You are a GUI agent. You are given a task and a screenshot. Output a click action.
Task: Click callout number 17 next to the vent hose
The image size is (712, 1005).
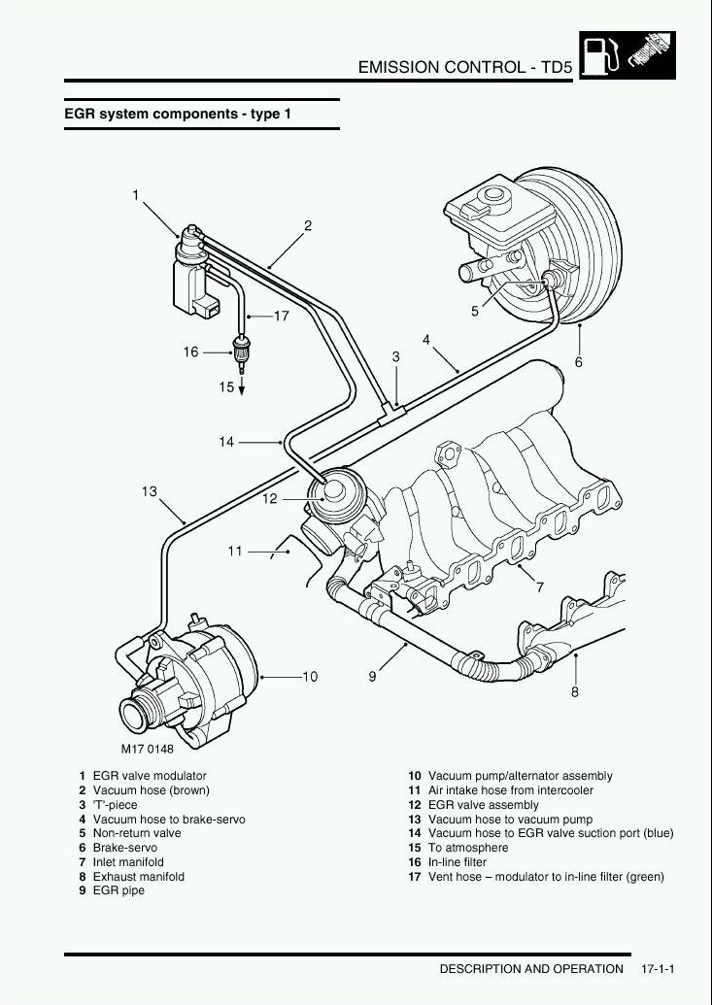click(x=281, y=316)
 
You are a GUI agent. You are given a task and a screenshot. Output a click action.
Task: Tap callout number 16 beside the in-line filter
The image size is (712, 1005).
click(x=190, y=352)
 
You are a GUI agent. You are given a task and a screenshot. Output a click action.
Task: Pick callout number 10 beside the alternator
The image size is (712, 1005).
click(x=310, y=676)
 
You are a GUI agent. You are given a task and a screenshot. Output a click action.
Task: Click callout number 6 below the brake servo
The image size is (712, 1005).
click(x=579, y=362)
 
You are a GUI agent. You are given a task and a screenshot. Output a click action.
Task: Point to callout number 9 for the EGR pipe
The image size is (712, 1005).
click(x=372, y=676)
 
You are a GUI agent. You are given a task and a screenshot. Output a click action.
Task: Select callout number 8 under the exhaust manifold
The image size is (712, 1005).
click(x=574, y=692)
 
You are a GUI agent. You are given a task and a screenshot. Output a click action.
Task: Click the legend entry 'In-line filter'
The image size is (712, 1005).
click(x=458, y=862)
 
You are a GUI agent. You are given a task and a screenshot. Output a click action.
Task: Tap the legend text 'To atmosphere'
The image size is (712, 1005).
click(x=468, y=848)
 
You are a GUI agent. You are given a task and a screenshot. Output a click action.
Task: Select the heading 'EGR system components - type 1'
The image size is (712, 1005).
click(x=178, y=114)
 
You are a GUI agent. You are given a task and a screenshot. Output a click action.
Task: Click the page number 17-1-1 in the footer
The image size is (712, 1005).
click(x=658, y=968)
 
